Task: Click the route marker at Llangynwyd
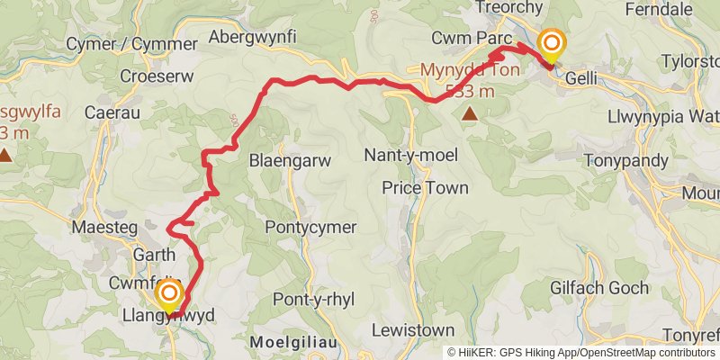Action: click(168, 296)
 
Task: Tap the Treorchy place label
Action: click(512, 8)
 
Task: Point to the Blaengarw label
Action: click(290, 160)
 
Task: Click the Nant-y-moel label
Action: click(407, 156)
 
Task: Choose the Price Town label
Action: click(425, 188)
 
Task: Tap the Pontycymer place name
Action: click(310, 228)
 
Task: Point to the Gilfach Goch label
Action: click(607, 288)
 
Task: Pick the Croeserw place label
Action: click(157, 76)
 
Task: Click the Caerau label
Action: click(109, 112)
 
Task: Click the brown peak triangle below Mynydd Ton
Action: click(469, 114)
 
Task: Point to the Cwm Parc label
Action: click(471, 40)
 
